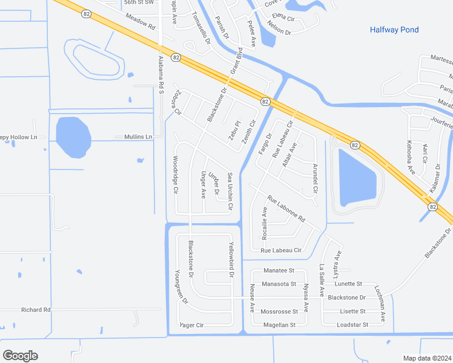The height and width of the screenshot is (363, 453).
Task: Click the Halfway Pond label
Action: coord(394,30)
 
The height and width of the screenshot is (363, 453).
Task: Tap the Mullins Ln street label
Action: coord(138,137)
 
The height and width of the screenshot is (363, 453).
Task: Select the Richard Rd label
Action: coord(36,310)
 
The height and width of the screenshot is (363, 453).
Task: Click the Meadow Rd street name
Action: coord(141,24)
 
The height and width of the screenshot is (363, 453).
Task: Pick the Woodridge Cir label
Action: coord(176,175)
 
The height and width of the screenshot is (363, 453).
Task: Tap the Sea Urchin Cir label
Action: coord(230,191)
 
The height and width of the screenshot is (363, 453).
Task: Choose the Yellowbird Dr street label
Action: coord(231,260)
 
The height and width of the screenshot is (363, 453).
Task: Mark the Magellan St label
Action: coord(279,325)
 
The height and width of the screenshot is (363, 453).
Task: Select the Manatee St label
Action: coord(279,270)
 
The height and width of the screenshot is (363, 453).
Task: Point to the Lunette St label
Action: coord(348,283)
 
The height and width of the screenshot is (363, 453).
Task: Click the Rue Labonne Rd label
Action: coord(286,209)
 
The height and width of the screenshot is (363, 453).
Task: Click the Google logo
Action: coord(20,355)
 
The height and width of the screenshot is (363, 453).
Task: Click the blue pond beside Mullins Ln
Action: coord(73,137)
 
